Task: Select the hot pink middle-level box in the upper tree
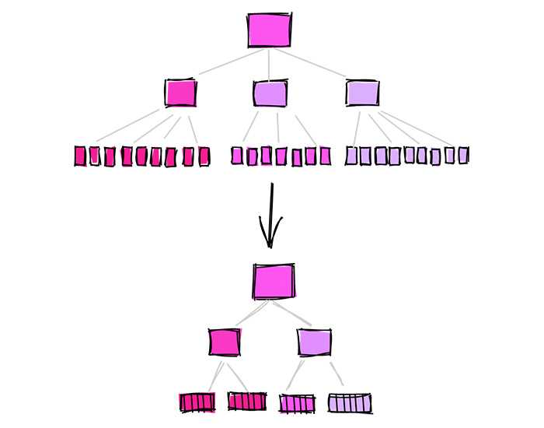180,93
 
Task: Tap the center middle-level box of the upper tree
270,93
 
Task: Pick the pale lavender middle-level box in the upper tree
362,93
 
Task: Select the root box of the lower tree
274,281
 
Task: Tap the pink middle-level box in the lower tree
225,342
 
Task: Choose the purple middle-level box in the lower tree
314,342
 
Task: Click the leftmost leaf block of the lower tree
197,402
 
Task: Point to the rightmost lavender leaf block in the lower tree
349,403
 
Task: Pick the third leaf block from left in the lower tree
298,403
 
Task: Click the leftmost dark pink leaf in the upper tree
79,156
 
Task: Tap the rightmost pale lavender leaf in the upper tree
463,155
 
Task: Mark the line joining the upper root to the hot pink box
225,64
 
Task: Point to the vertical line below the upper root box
270,62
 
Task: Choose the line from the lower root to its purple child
294,312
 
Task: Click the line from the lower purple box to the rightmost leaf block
336,374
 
